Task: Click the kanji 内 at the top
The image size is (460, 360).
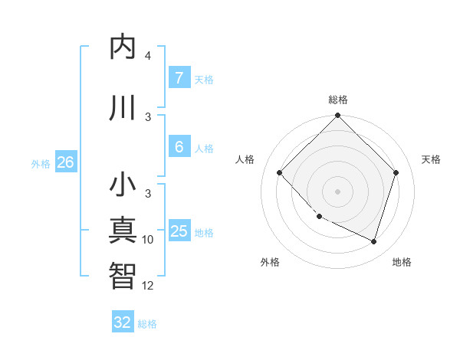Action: (123, 47)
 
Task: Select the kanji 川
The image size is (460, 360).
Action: (123, 108)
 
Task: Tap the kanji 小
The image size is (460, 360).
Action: (123, 185)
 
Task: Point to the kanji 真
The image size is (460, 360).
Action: (123, 231)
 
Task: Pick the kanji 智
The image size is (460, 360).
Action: (123, 275)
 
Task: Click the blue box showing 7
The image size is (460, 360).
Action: (179, 78)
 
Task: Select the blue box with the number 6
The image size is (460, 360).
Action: (179, 147)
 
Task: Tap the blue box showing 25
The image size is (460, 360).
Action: (179, 231)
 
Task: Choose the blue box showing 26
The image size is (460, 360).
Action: (65, 162)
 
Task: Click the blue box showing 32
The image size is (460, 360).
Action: (123, 322)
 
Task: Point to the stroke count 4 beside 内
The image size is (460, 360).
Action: (147, 56)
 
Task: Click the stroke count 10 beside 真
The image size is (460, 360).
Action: (148, 240)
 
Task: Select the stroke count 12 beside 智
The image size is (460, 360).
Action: (148, 285)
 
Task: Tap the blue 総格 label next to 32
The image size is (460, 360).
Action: (148, 324)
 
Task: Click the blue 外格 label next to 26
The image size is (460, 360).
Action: (41, 163)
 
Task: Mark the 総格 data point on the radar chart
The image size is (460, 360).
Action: (337, 116)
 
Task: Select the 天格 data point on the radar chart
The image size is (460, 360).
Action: (396, 172)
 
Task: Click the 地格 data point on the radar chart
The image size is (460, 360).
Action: (373, 241)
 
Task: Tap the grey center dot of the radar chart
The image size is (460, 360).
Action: (337, 191)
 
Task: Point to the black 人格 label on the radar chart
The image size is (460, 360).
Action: (245, 159)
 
